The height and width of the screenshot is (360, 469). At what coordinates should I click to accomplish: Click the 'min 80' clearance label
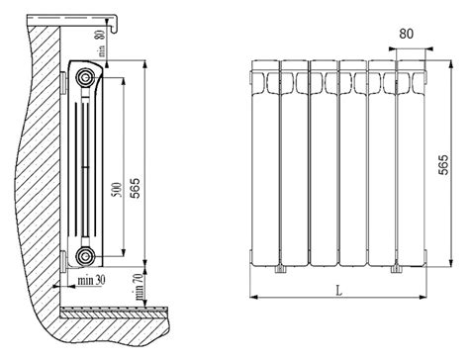click(x=101, y=43)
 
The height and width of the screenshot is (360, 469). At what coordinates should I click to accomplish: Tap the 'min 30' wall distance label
click(x=91, y=280)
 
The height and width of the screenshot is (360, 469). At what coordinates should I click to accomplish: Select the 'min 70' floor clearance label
click(x=139, y=286)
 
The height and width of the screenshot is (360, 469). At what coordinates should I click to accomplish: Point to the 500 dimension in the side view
click(x=117, y=190)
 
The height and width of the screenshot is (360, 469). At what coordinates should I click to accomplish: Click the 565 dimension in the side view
click(x=135, y=188)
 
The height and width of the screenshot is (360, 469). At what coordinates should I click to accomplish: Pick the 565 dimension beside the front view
click(x=444, y=164)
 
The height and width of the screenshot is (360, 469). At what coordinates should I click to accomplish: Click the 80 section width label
click(x=406, y=34)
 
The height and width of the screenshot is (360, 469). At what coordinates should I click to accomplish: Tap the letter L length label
click(x=338, y=291)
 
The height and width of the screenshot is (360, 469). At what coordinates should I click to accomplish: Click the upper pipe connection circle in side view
click(x=85, y=78)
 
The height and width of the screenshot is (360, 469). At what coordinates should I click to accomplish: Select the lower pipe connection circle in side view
click(x=85, y=256)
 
